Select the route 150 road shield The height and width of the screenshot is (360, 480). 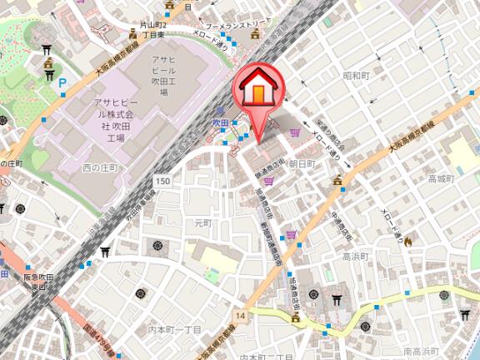click(x=162, y=181)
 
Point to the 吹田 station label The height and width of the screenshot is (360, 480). click(x=218, y=122)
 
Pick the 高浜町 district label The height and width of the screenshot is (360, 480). click(x=355, y=257)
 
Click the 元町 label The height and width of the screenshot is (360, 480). click(x=202, y=223)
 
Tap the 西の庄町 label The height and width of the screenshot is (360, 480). click(x=102, y=167)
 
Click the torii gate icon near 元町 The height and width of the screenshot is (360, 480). click(x=106, y=252)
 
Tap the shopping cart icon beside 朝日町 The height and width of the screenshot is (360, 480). click(x=294, y=132)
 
